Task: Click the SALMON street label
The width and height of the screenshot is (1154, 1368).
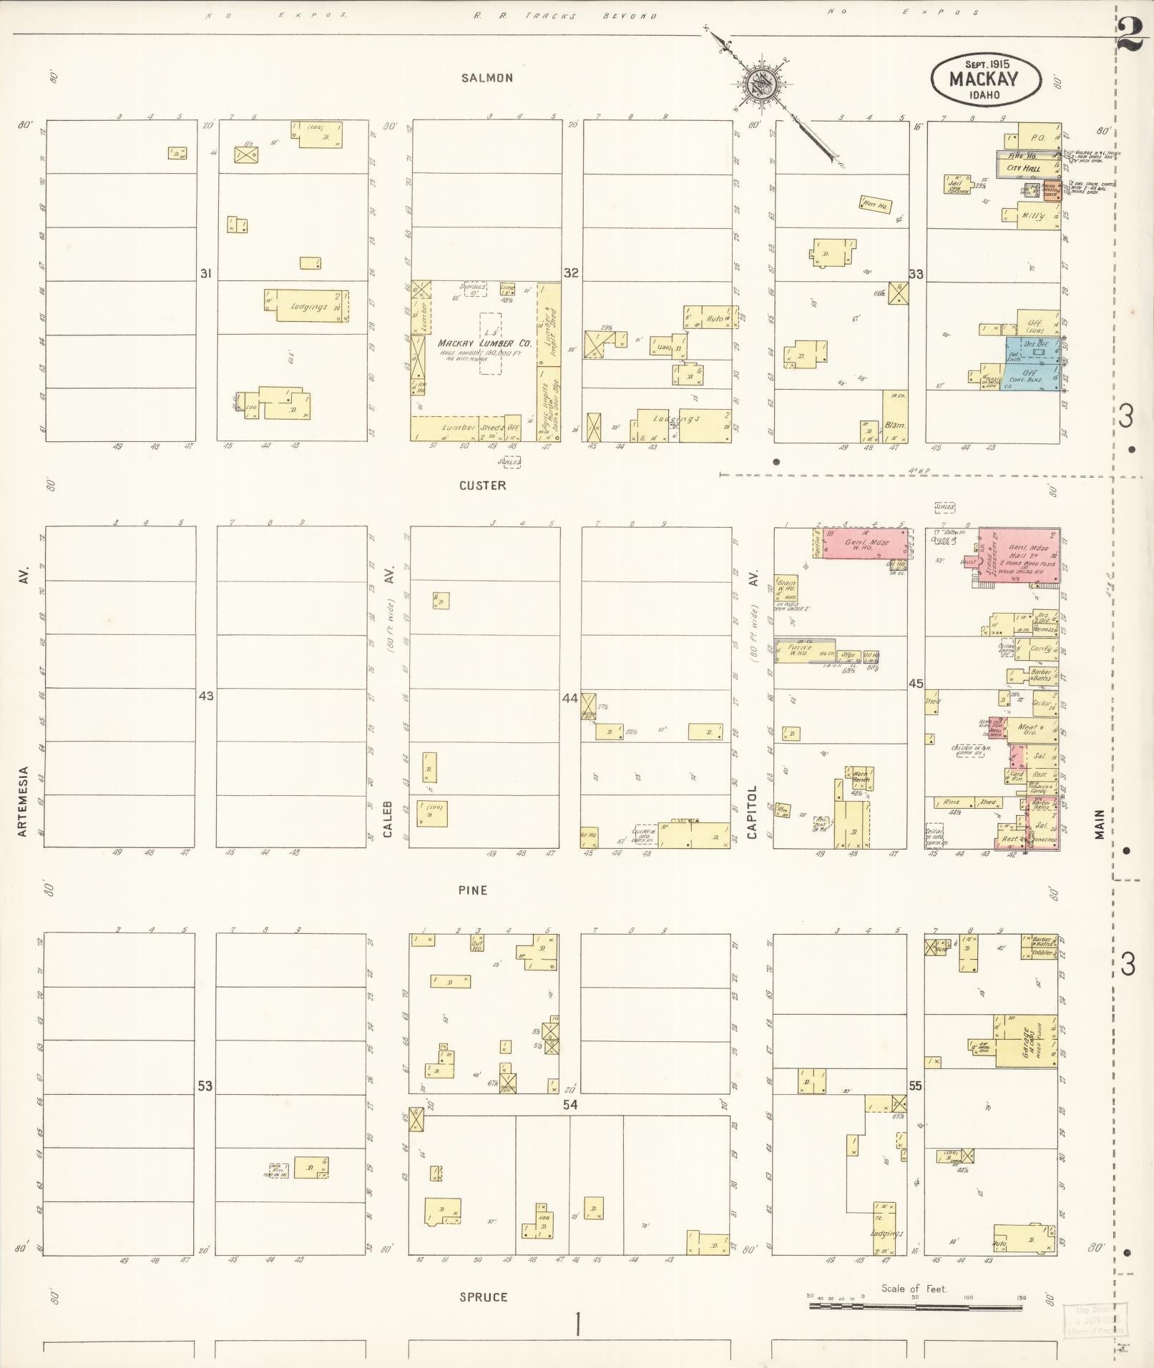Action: point(486,78)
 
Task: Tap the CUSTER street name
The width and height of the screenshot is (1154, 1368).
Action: point(482,486)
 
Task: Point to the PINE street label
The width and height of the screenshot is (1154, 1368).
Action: point(473,890)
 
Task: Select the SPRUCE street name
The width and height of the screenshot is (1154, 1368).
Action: point(484,1297)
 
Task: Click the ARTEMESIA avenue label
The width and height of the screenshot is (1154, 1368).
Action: point(24,801)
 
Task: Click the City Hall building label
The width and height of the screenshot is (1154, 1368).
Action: point(1023,168)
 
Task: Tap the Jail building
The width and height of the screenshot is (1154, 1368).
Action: point(955,184)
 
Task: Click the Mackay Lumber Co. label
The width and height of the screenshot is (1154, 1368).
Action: point(484,343)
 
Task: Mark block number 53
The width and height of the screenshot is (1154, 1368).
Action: point(205,1086)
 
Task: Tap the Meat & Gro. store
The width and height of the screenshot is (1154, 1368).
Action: point(1030,730)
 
